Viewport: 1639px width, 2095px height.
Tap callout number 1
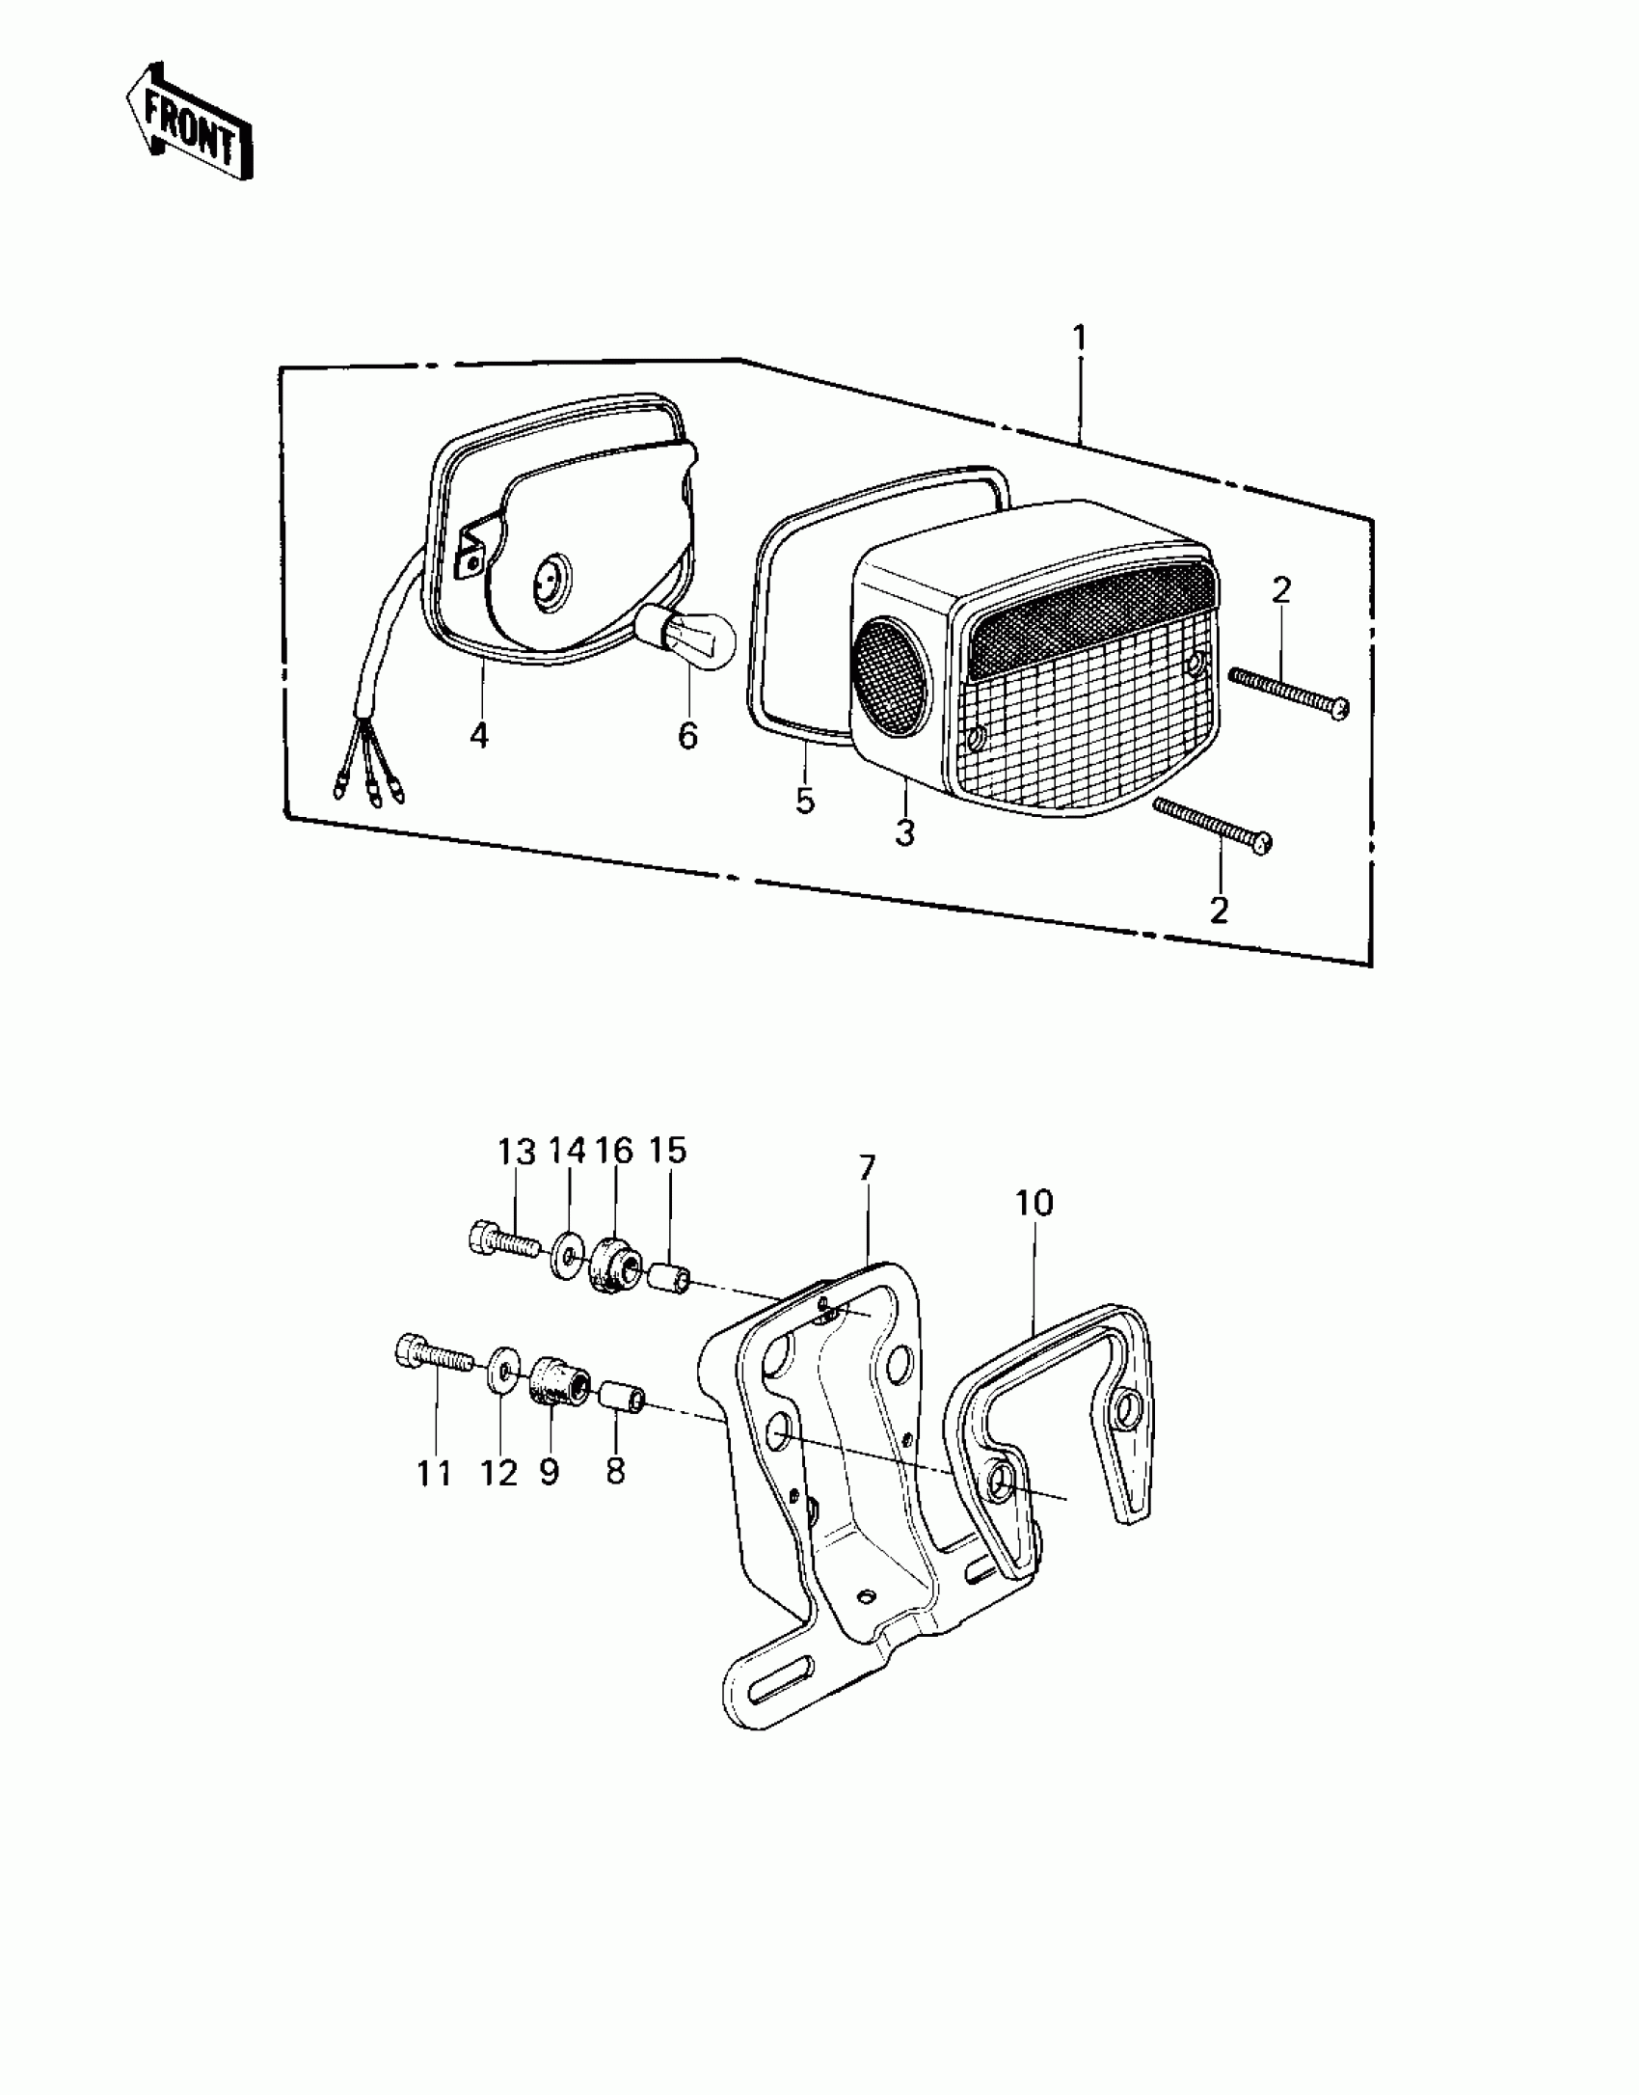click(1080, 339)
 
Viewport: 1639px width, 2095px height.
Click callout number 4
click(479, 736)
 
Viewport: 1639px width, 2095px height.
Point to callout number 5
click(805, 800)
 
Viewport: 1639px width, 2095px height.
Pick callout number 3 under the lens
click(904, 832)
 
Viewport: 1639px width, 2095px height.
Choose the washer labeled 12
click(501, 1373)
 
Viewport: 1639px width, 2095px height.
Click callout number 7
click(867, 1168)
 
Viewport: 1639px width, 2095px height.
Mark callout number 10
click(1034, 1203)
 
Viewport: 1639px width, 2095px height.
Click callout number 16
click(613, 1150)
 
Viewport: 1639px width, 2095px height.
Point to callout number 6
click(687, 736)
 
